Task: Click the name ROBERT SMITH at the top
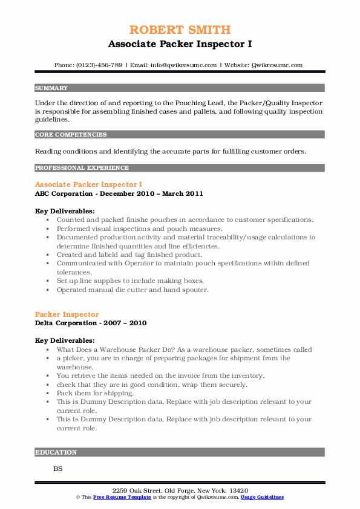(x=180, y=30)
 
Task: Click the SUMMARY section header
(x=51, y=88)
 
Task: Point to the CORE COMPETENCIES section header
(x=71, y=135)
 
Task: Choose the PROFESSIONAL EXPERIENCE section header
(x=82, y=167)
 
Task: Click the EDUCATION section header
(x=56, y=452)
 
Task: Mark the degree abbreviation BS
(x=58, y=468)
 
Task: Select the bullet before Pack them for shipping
(x=47, y=393)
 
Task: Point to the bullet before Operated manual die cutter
(x=47, y=290)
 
